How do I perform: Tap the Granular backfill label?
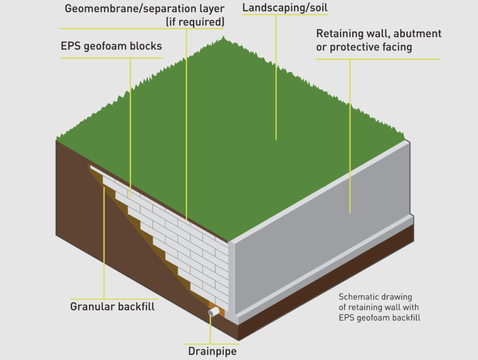pyautogui.click(x=112, y=307)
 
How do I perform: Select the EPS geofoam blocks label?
pyautogui.click(x=112, y=46)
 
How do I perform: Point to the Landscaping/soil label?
pyautogui.click(x=285, y=8)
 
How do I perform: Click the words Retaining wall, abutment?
pyautogui.click(x=379, y=34)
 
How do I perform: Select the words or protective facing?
pyautogui.click(x=364, y=47)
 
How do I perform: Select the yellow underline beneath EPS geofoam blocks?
pyautogui.click(x=112, y=58)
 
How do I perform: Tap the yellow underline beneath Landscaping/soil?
pyautogui.click(x=285, y=15)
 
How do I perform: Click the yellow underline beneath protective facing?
pyautogui.click(x=378, y=59)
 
